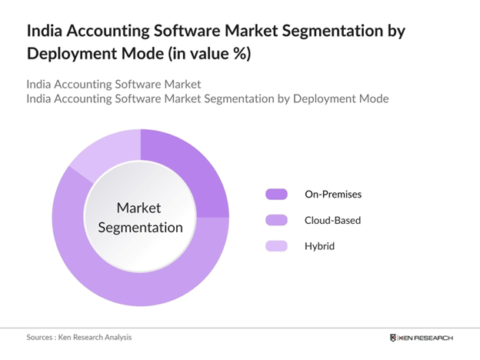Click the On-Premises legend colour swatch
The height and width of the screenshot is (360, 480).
275,195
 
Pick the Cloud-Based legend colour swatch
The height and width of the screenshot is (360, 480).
275,220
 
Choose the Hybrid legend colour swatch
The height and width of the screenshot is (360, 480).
275,246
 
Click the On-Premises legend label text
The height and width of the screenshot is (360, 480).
333,195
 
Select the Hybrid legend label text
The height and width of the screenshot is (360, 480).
320,246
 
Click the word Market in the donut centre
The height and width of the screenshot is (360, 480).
139,208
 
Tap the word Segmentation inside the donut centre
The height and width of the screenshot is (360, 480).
139,228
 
